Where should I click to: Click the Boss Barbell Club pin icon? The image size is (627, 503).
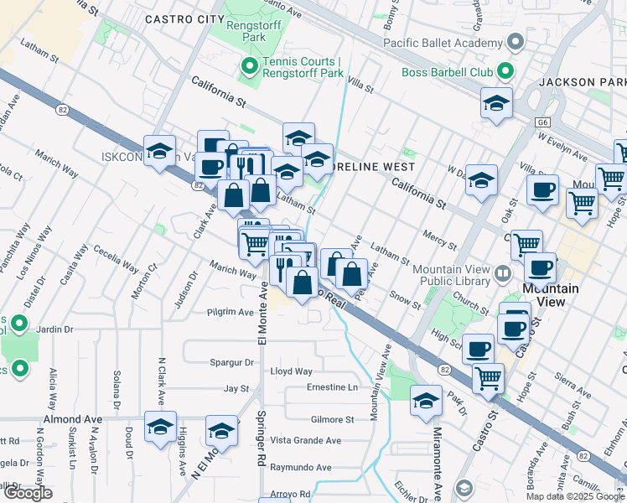tap(504, 72)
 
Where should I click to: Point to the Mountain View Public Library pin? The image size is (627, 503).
tap(502, 273)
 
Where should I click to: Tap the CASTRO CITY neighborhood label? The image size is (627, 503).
tap(184, 18)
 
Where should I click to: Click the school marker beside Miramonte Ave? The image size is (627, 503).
tap(426, 402)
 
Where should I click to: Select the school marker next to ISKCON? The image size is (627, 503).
tap(159, 151)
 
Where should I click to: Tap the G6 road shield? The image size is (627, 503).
tap(543, 121)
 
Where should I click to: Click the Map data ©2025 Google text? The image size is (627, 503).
tap(575, 496)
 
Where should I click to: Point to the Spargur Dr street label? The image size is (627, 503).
tap(231, 362)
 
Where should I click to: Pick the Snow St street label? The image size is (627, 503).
tap(406, 299)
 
